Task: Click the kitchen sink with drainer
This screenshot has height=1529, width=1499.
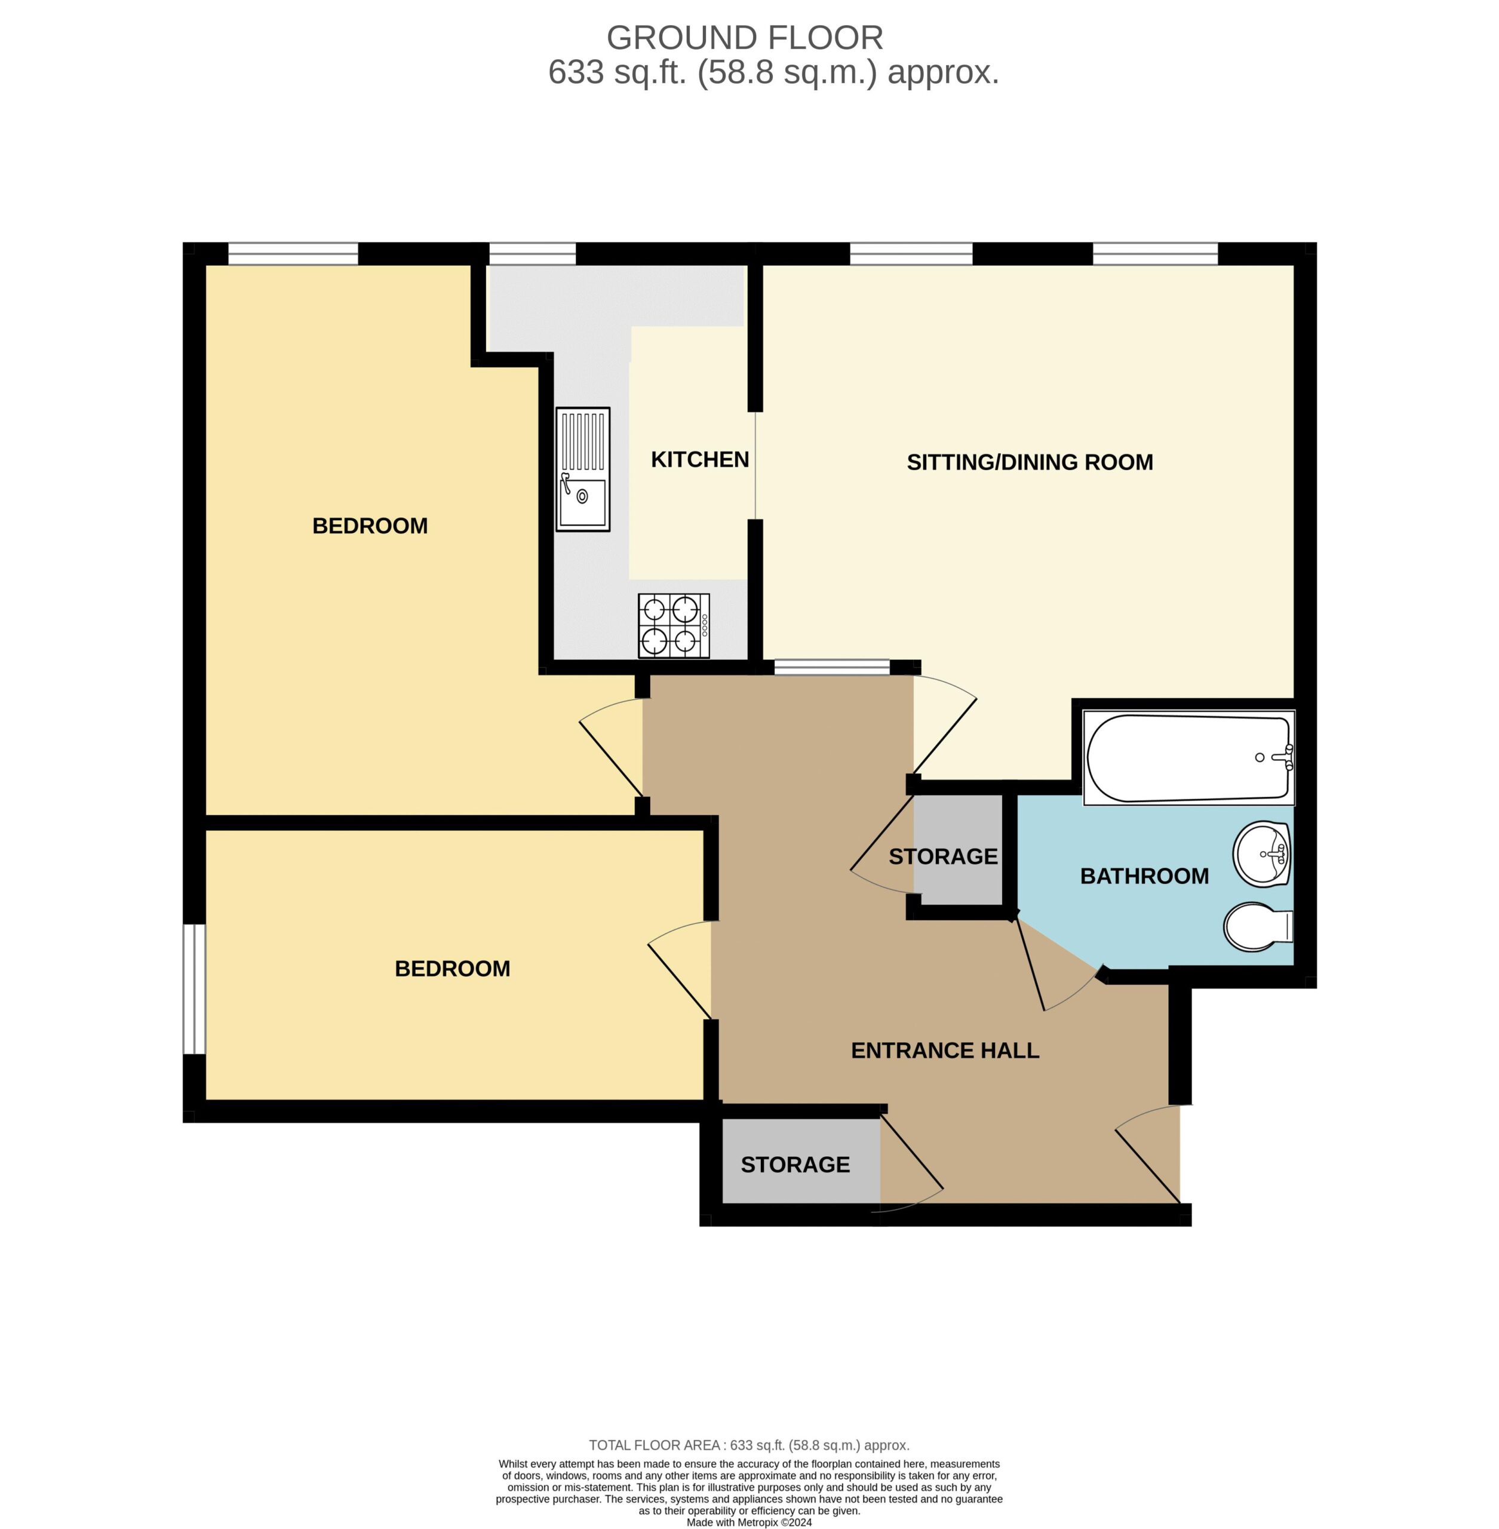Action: click(x=583, y=469)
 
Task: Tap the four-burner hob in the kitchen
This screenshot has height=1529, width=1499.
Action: click(x=674, y=626)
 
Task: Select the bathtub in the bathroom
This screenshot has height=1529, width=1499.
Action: click(x=1189, y=758)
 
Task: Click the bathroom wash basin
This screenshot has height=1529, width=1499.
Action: click(x=1262, y=854)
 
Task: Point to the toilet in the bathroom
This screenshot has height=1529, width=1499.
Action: click(x=1257, y=927)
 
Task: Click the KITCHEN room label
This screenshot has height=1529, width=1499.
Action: click(x=700, y=460)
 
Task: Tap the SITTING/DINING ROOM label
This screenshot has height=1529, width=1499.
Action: click(x=1030, y=462)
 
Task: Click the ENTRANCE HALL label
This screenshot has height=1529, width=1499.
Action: click(x=945, y=1051)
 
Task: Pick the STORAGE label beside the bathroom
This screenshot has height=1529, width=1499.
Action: click(x=943, y=856)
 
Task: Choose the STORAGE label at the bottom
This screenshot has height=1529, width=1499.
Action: click(x=795, y=1165)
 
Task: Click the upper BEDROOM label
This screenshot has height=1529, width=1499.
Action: click(x=370, y=526)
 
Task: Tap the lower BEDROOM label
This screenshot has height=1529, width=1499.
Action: click(x=452, y=968)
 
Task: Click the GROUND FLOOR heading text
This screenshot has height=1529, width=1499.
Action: click(x=745, y=38)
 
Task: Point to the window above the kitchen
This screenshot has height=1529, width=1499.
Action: click(x=532, y=254)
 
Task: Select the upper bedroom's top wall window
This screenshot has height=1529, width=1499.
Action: click(x=293, y=254)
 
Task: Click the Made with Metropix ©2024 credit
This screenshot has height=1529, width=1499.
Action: click(x=749, y=1522)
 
